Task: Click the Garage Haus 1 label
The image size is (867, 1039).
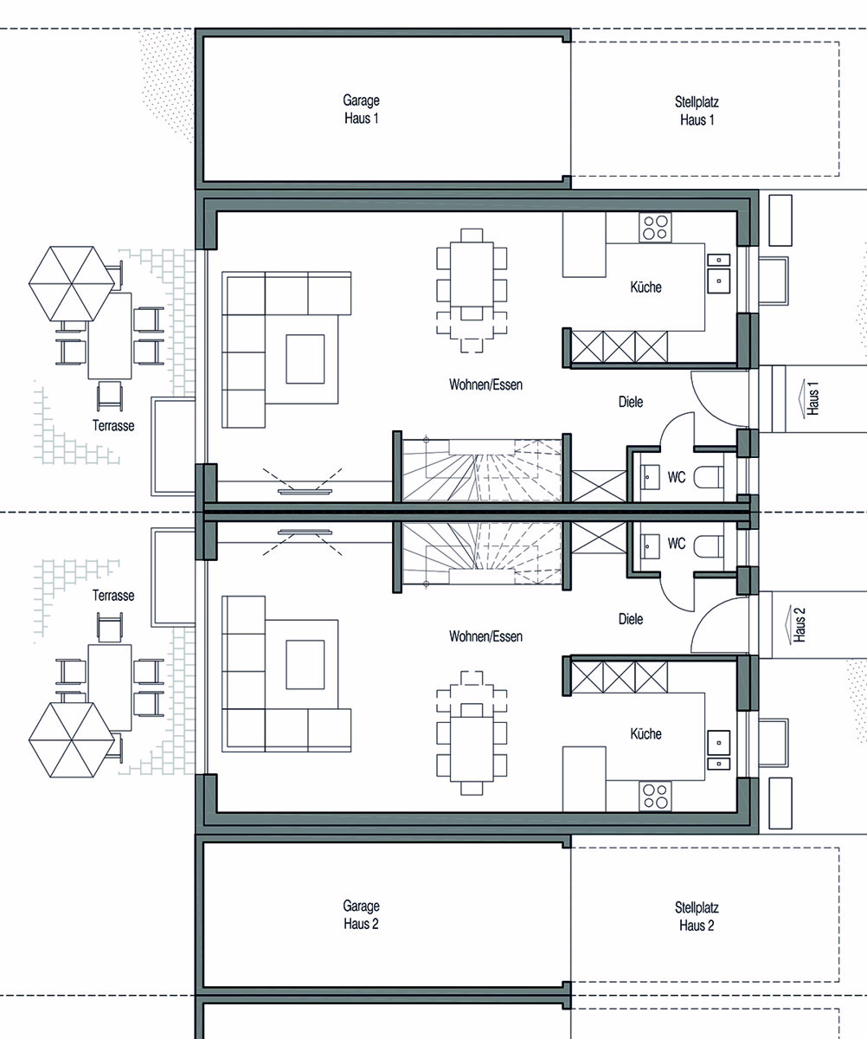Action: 361,109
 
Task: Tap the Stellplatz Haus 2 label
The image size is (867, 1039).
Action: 697,917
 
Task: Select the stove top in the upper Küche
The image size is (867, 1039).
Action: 655,227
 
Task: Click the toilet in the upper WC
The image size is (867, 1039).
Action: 709,477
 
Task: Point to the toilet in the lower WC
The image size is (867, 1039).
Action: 709,545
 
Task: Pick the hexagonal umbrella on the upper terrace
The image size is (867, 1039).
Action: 72,284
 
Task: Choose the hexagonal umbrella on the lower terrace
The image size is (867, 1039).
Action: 72,739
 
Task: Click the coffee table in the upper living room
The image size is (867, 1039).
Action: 305,358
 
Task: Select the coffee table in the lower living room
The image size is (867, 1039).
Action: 305,664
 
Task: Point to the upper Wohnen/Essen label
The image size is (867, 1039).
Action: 485,384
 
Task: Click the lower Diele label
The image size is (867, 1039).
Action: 631,619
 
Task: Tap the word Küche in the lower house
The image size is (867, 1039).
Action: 645,733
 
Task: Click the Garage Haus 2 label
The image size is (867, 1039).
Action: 361,914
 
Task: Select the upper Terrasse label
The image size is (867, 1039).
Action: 113,425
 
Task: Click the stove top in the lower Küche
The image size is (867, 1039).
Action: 655,797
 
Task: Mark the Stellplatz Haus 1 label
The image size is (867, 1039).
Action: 697,111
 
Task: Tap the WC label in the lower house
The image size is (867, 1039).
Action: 676,544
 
